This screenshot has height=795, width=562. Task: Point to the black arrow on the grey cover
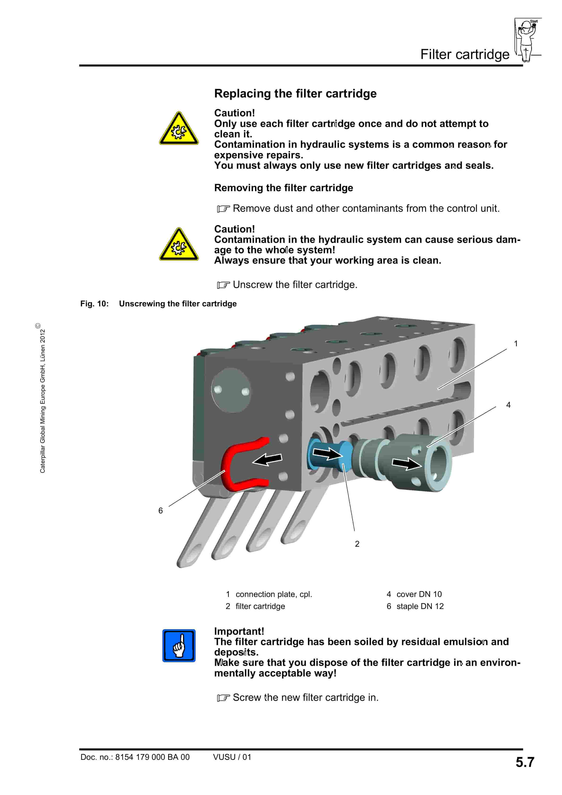click(x=406, y=463)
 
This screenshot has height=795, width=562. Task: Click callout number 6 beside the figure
click(x=160, y=511)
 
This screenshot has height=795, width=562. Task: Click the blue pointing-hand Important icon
click(x=179, y=645)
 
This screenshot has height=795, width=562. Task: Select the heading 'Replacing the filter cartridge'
click(x=295, y=93)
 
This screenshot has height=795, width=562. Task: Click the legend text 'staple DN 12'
click(x=420, y=606)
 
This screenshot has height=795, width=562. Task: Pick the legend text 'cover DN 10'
click(x=419, y=594)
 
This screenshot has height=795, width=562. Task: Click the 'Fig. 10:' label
click(x=94, y=304)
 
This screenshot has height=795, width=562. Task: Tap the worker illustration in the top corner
click(x=527, y=40)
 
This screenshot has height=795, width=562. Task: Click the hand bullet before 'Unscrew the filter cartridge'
click(x=223, y=285)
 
